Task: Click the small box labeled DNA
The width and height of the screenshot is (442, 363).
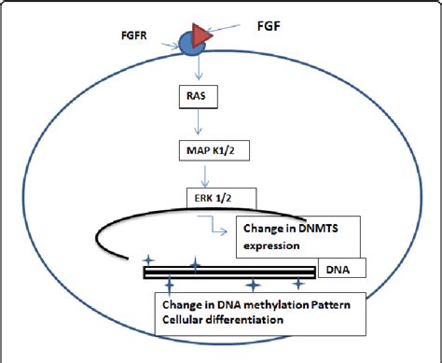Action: [x=340, y=270]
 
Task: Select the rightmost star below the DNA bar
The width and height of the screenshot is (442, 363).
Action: [x=298, y=283]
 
